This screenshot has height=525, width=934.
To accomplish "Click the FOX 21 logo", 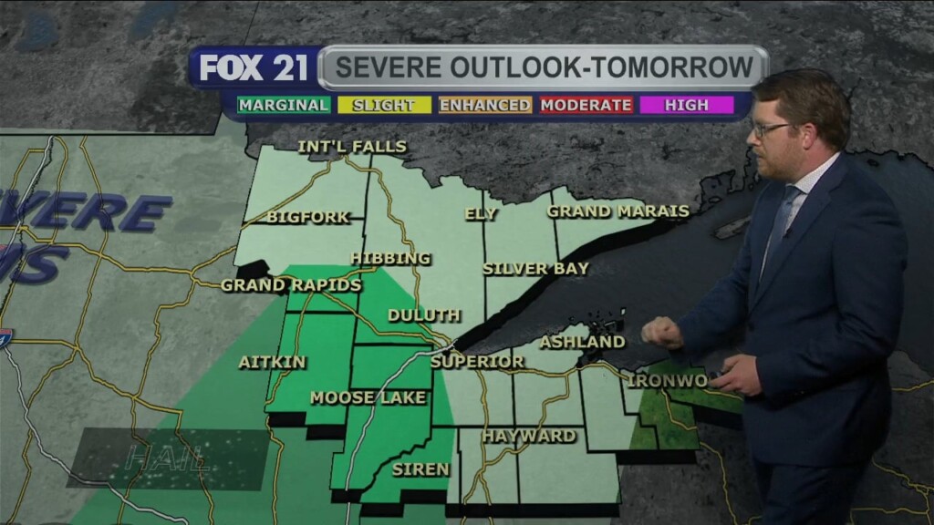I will click(x=254, y=68).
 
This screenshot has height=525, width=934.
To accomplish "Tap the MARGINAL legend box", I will click(x=284, y=105).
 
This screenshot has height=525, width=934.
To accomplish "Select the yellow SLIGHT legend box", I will click(x=383, y=105).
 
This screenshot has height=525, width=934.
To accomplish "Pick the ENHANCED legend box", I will click(x=484, y=105).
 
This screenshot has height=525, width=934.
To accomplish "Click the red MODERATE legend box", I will click(x=586, y=105).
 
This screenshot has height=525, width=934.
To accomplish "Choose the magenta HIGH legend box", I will click(x=686, y=105).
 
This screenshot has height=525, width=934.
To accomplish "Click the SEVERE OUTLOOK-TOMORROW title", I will click(x=544, y=67).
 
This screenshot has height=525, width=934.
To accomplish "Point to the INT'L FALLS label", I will click(x=352, y=147).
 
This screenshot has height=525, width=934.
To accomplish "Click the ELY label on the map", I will click(x=481, y=214).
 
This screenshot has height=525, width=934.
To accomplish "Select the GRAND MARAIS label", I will click(x=617, y=211).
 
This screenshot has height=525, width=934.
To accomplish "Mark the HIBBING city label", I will click(x=390, y=259).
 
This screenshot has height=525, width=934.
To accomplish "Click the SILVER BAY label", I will click(x=535, y=269).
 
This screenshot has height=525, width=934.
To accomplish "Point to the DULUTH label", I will click(x=424, y=315).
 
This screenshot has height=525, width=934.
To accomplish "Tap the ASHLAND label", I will click(x=582, y=343).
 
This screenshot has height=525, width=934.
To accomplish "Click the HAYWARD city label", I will click(x=529, y=436).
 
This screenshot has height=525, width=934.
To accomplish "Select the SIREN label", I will click(x=420, y=469).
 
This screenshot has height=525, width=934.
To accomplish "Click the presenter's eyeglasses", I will click(x=769, y=129).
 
